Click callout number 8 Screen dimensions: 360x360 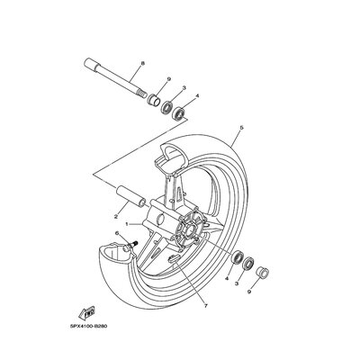tap(142, 63)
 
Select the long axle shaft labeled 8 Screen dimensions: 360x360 tap(115, 77)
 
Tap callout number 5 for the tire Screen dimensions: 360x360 tap(241, 128)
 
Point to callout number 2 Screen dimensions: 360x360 tap(116, 216)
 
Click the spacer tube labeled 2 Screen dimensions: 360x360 tap(130, 196)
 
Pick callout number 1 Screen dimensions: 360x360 tap(127, 224)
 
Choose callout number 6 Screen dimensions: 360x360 tap(117, 233)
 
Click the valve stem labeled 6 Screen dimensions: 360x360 tap(131, 245)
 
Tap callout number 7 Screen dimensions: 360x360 tap(206, 306)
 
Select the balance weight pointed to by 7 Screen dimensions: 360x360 tap(174, 258)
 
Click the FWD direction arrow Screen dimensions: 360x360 tap(86, 313)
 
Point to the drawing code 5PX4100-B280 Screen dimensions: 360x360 tap(88, 327)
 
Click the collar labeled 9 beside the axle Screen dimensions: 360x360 tap(154, 100)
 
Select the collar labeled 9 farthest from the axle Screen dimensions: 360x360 tap(262, 272)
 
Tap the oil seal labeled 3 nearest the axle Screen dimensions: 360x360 tap(167, 107)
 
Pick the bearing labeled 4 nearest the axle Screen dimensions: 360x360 tap(180, 113)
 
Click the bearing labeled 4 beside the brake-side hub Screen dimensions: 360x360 tap(238, 257)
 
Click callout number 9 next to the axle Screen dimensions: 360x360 tap(169, 79)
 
